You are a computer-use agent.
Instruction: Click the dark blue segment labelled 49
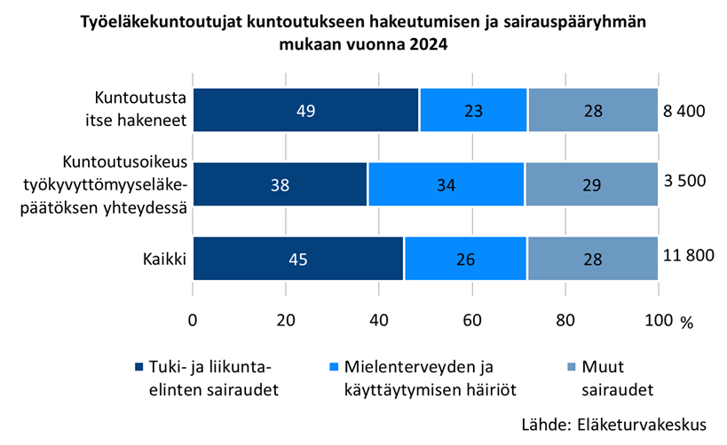click(306, 111)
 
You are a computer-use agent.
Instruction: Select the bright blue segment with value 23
click(474, 111)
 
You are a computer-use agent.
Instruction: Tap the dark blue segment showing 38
click(281, 184)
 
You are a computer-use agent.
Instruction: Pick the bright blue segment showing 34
click(446, 184)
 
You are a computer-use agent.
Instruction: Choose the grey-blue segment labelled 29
click(591, 184)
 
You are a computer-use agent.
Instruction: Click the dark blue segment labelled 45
click(298, 259)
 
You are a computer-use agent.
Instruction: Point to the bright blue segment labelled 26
click(465, 259)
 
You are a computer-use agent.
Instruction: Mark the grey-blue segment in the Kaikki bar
click(592, 259)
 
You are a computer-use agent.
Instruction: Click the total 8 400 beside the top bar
click(684, 111)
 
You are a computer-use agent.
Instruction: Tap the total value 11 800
click(688, 256)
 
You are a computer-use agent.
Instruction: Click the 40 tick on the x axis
click(379, 319)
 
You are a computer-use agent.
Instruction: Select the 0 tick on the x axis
click(193, 319)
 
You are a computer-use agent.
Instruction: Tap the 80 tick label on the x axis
click(565, 319)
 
